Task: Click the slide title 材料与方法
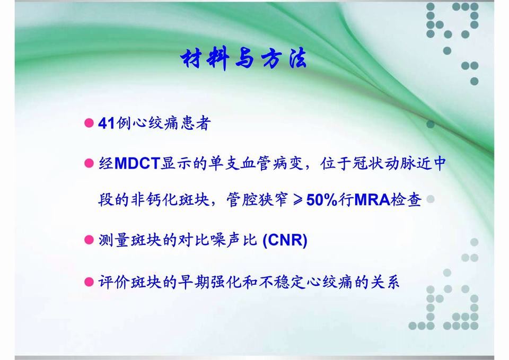tap(243, 59)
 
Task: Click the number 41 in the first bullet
tap(107, 124)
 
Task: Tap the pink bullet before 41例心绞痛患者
tap(90, 124)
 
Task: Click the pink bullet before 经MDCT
tap(90, 163)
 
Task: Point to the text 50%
tap(322, 201)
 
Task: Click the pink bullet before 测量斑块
tap(90, 241)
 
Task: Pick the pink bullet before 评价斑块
tap(90, 281)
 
